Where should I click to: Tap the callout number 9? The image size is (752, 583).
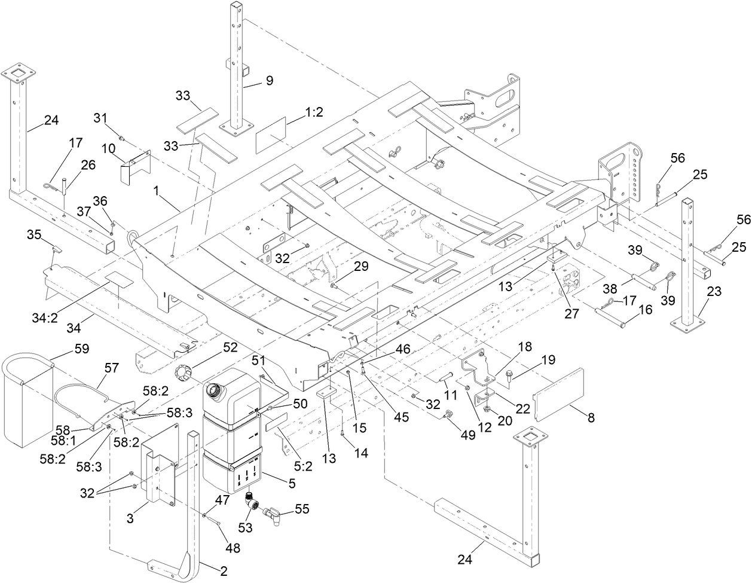[269, 81]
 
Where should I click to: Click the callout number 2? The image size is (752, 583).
[223, 571]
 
